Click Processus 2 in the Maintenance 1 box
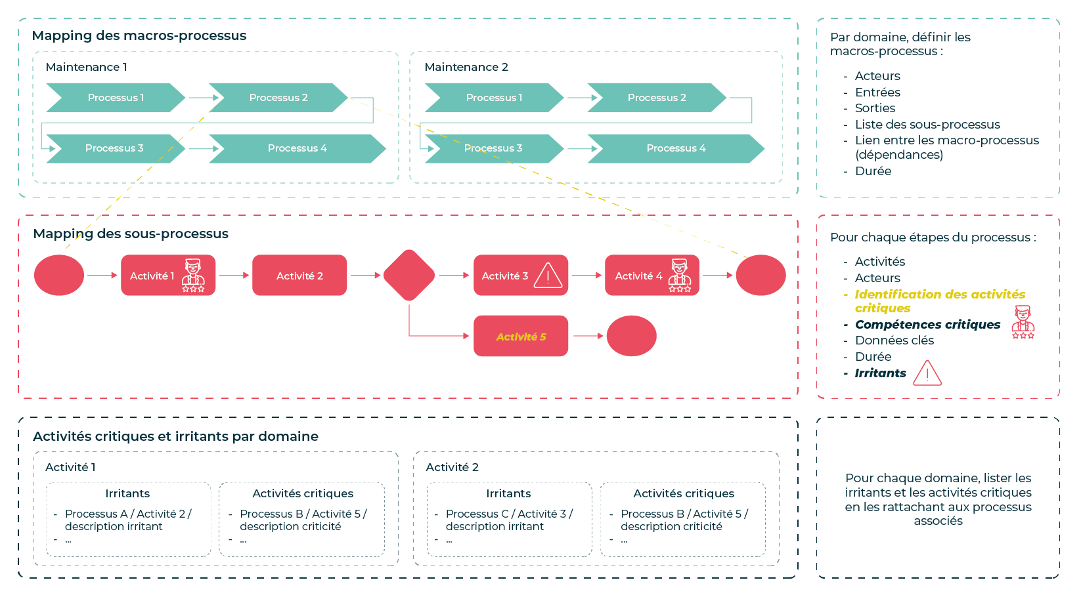[x=278, y=98]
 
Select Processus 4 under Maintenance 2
[x=675, y=148]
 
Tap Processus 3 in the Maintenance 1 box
[x=114, y=148]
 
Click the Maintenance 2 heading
[x=466, y=67]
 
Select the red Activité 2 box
[x=299, y=276]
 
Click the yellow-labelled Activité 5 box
[x=521, y=337]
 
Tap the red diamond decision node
[x=409, y=276]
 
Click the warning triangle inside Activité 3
[x=548, y=276]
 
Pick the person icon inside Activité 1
[x=193, y=275]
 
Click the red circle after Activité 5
[x=631, y=336]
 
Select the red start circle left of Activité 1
[x=59, y=276]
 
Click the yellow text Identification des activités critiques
[x=939, y=300]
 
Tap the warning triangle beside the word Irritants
[x=927, y=373]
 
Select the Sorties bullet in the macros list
[x=875, y=108]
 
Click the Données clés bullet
[x=894, y=341]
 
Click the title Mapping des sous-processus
[x=131, y=234]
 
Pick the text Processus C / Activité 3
[x=508, y=514]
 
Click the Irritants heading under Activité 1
[x=127, y=493]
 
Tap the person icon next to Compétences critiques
[x=1023, y=322]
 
